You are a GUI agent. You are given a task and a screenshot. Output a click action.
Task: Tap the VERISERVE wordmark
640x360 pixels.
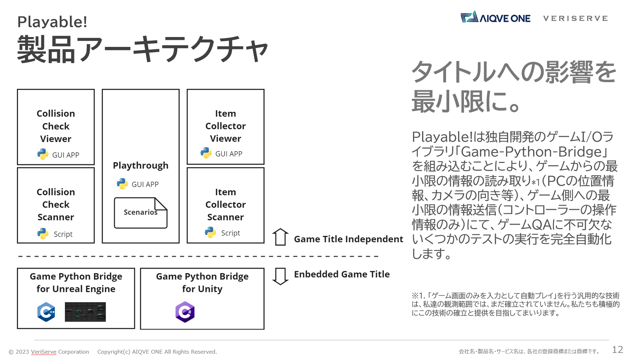[x=575, y=18]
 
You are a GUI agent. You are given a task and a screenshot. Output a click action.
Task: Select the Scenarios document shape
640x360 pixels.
[x=140, y=213]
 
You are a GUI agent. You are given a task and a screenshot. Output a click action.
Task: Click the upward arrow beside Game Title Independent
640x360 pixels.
[x=280, y=237]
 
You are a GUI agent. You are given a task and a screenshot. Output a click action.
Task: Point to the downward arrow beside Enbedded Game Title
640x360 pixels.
[x=280, y=276]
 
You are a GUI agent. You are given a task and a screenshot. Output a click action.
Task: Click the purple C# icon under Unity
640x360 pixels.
[x=185, y=312]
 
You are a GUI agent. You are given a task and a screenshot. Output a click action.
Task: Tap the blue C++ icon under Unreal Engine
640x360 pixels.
[x=46, y=312]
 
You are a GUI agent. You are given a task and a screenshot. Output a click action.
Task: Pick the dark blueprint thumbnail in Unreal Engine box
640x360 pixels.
[x=85, y=312]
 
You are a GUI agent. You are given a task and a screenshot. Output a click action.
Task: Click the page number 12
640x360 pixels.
[x=617, y=349]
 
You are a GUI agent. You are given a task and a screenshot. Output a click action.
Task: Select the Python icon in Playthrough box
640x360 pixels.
[x=122, y=184]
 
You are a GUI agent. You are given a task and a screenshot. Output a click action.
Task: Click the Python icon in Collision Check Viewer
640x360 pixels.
[x=43, y=154]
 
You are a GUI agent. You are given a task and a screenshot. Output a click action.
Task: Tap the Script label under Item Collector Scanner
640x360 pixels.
[x=231, y=233]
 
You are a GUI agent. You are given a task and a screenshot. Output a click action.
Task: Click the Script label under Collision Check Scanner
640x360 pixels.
[x=63, y=234]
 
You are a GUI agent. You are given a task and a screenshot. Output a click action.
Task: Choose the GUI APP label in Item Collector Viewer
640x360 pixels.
[x=229, y=154]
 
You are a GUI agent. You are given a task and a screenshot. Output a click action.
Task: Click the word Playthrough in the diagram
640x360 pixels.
[x=141, y=166]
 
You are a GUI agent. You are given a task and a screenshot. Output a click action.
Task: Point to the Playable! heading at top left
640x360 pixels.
[x=52, y=22]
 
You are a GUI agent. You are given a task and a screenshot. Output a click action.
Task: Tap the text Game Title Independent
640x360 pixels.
[x=348, y=239]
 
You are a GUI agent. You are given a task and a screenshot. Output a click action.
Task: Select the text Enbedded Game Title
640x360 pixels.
[x=342, y=274]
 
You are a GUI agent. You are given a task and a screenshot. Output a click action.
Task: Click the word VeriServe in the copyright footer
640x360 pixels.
[x=44, y=352]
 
